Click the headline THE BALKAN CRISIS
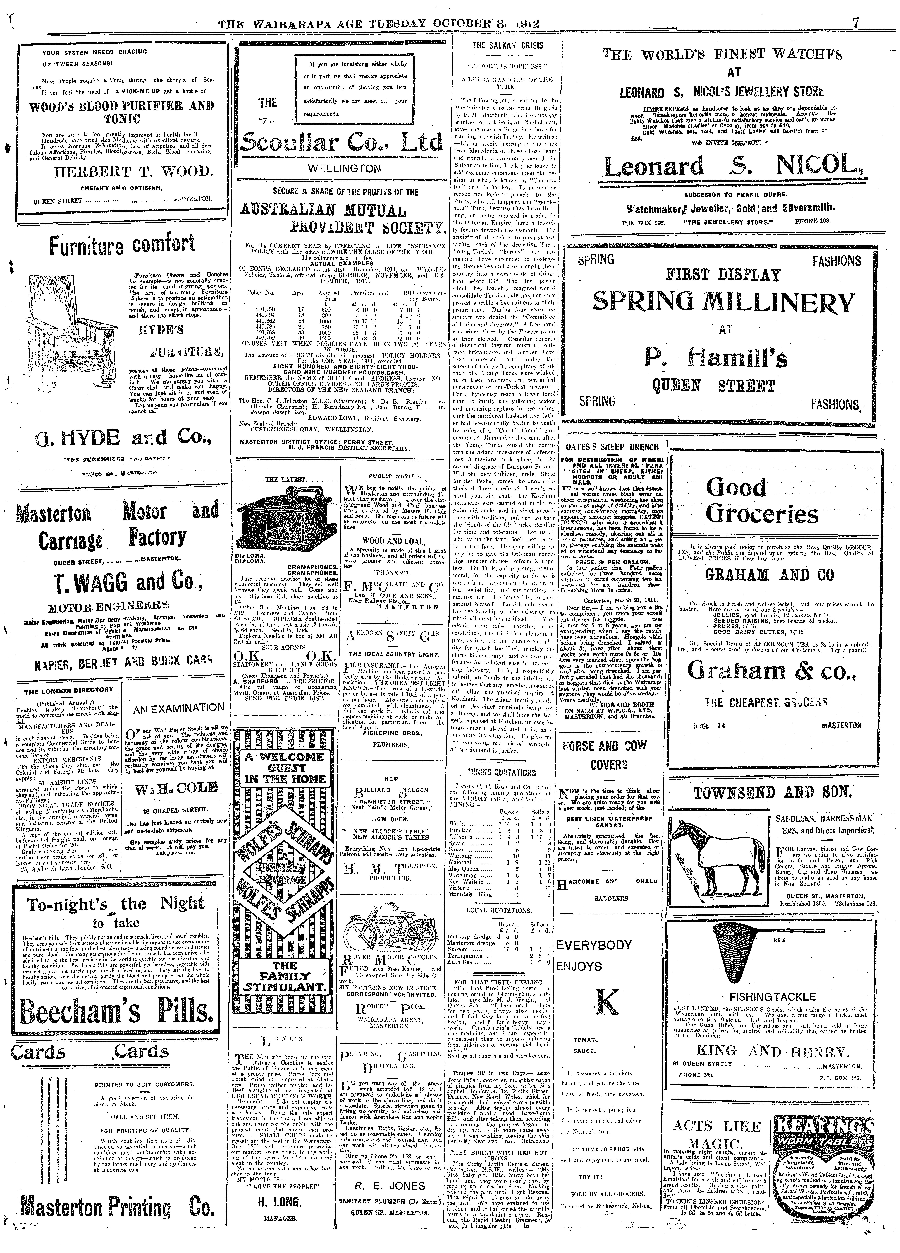coord(507,46)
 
